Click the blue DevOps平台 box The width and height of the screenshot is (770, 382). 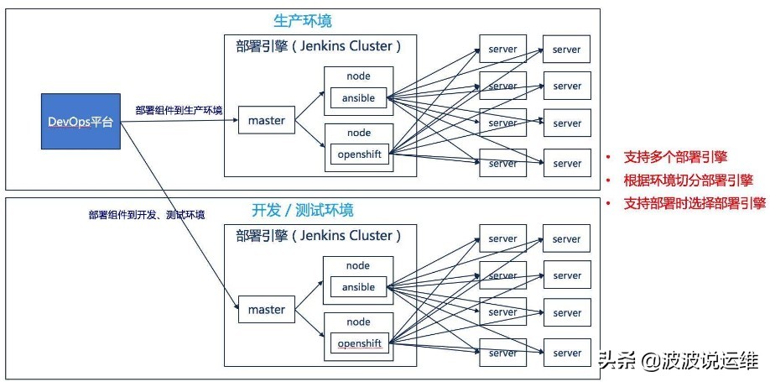coord(81,123)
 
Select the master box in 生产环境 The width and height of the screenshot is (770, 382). coord(266,121)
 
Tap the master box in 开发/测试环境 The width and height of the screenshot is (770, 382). coord(266,310)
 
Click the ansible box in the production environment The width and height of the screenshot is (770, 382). coord(358,98)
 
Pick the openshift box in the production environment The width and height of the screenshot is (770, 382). coord(359,154)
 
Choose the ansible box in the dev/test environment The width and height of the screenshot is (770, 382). coord(358,287)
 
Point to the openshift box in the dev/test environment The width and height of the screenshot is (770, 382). coord(359,343)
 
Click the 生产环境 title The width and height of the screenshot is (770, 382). coord(303,20)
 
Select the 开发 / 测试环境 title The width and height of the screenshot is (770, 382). coord(303,210)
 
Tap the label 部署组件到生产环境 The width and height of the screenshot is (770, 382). coord(179,111)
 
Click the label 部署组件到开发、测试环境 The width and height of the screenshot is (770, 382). coord(147,215)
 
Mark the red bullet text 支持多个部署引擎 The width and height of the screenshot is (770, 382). coord(675,157)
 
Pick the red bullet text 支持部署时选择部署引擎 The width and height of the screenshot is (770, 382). coord(695,202)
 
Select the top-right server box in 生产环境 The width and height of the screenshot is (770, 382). coord(567,50)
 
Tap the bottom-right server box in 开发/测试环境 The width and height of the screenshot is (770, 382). coord(567,353)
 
